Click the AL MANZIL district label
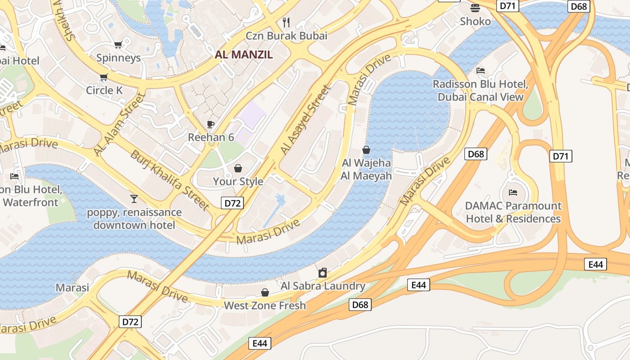pyautogui.click(x=244, y=55)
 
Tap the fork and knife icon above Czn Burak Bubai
pyautogui.click(x=286, y=22)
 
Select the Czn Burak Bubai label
pyautogui.click(x=286, y=36)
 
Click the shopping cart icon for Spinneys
pyautogui.click(x=118, y=45)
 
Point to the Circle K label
pyautogui.click(x=104, y=90)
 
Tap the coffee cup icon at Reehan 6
pyautogui.click(x=210, y=124)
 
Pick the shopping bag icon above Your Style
pyautogui.click(x=238, y=168)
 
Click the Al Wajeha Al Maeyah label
pyautogui.click(x=366, y=169)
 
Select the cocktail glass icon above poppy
pyautogui.click(x=134, y=198)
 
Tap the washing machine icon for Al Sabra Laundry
pyautogui.click(x=323, y=273)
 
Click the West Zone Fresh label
pyautogui.click(x=265, y=306)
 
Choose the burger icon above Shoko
pyautogui.click(x=475, y=8)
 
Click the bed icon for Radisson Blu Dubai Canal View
pyautogui.click(x=481, y=71)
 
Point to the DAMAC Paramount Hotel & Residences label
pyautogui.click(x=513, y=212)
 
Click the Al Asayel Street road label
pyautogui.click(x=306, y=119)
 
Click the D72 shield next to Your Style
pyautogui.click(x=233, y=203)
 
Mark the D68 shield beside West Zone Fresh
pyautogui.click(x=360, y=305)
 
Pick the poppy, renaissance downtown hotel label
pyautogui.click(x=134, y=219)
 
